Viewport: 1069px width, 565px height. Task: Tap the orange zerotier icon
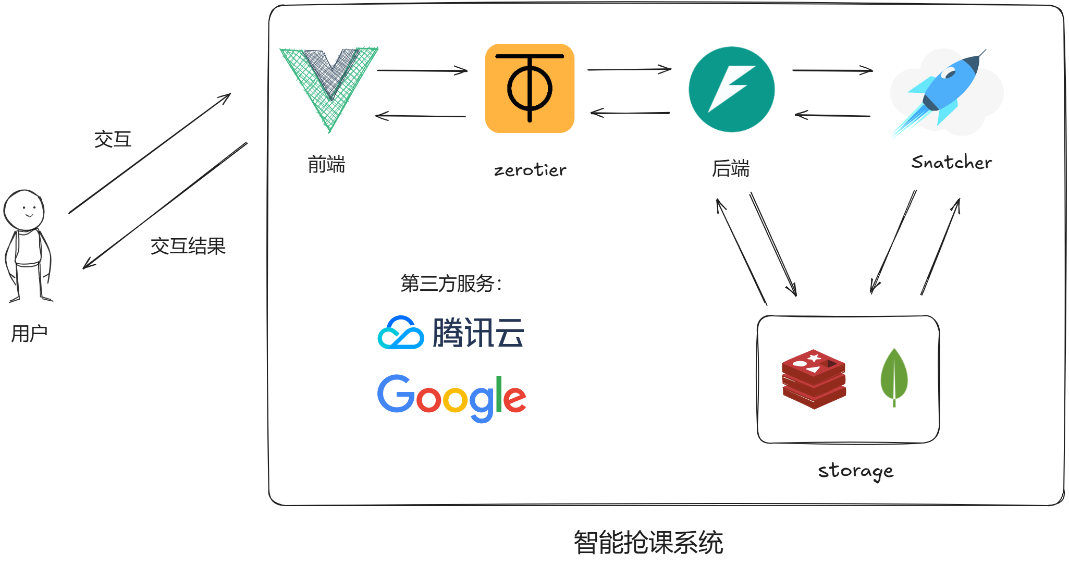[530, 89]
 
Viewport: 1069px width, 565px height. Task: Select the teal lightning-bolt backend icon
[731, 89]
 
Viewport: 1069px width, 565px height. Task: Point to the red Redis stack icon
[813, 379]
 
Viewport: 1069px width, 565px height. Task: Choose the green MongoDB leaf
[894, 376]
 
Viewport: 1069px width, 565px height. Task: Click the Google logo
[451, 398]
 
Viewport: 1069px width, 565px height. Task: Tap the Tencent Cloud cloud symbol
[400, 333]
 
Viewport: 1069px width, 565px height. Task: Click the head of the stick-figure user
[24, 210]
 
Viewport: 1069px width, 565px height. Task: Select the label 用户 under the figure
[29, 334]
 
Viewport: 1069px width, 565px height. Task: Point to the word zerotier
[530, 170]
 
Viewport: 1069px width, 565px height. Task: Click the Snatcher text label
[951, 163]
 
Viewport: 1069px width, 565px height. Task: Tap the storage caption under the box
[855, 471]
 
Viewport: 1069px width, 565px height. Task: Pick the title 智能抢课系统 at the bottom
[648, 543]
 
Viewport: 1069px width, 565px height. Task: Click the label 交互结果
[188, 246]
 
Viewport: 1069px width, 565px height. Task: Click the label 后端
[731, 169]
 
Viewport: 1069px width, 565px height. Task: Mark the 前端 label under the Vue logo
[326, 165]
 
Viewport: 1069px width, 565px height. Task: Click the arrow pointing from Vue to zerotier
[422, 70]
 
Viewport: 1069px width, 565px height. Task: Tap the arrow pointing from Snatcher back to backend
[832, 115]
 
